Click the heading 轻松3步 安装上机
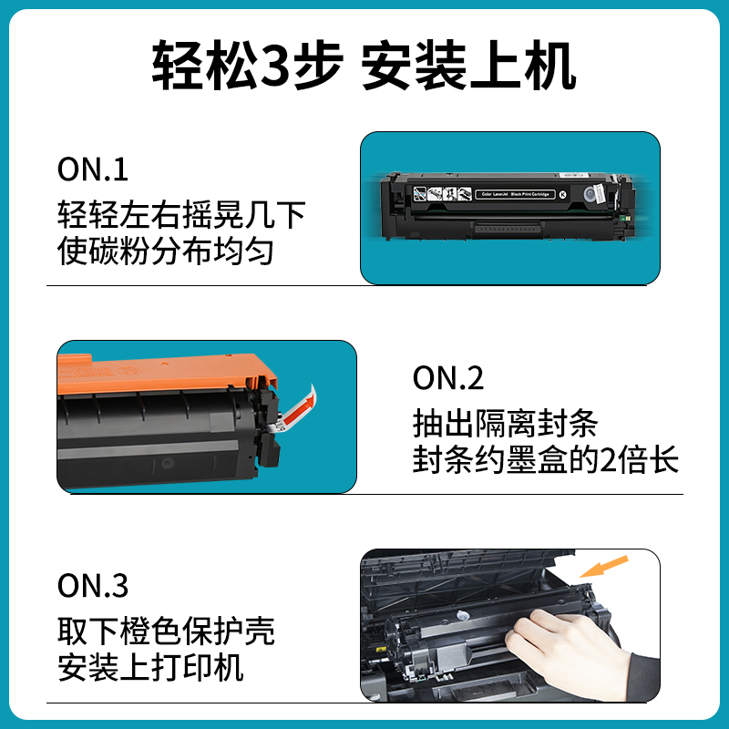click(364, 67)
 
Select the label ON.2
click(448, 378)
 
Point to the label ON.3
click(93, 586)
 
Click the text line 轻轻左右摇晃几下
click(180, 215)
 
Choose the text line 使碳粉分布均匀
click(165, 250)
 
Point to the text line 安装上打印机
click(150, 666)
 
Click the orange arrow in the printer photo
click(602, 568)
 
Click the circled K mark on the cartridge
click(562, 194)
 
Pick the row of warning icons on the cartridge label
click(441, 194)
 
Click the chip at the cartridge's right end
click(593, 193)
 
